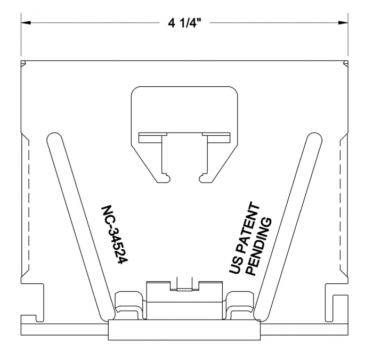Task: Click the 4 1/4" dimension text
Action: coord(185,23)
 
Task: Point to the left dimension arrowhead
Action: coord(26,23)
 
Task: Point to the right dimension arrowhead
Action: coord(343,23)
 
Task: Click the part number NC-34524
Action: coord(115,235)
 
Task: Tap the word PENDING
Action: coord(259,247)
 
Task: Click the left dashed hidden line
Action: coord(29,204)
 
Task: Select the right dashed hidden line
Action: coord(340,204)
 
